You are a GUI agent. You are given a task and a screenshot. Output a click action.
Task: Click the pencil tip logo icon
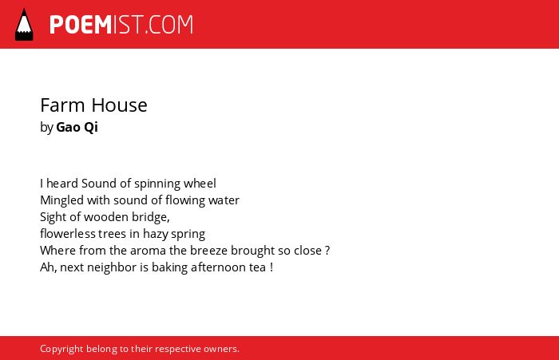coord(24,24)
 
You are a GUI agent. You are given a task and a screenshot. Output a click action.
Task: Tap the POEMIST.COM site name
coord(121,25)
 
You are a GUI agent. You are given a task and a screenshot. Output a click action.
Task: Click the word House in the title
coord(119,105)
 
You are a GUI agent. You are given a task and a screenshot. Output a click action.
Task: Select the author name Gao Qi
coord(77,127)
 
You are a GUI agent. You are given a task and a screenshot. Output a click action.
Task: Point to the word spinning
coord(157,184)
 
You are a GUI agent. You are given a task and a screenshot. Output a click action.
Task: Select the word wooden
coord(106,217)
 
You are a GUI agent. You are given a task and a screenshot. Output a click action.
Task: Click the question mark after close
coord(327,250)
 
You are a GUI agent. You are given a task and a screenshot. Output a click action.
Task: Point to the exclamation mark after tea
coord(272,267)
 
